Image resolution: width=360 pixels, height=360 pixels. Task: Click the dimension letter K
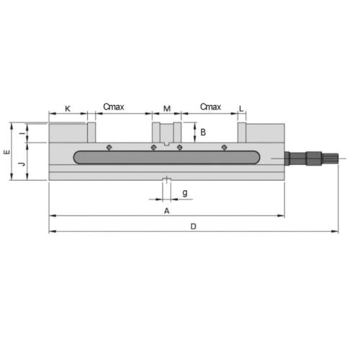pos(68,109)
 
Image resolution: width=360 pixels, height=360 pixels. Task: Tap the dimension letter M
pos(167,109)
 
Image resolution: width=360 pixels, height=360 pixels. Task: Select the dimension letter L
pos(241,109)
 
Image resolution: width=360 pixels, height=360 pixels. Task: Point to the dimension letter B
pos(203,132)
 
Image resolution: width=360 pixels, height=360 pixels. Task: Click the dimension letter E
pos(7,152)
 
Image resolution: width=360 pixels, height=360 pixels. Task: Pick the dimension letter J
pos(22,164)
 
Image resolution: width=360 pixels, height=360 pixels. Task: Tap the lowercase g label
pos(185,193)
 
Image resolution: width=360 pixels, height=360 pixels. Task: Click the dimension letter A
pos(167,211)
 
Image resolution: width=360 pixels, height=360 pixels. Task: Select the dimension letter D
pos(194,226)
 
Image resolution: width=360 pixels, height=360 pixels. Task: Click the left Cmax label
pos(114,107)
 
